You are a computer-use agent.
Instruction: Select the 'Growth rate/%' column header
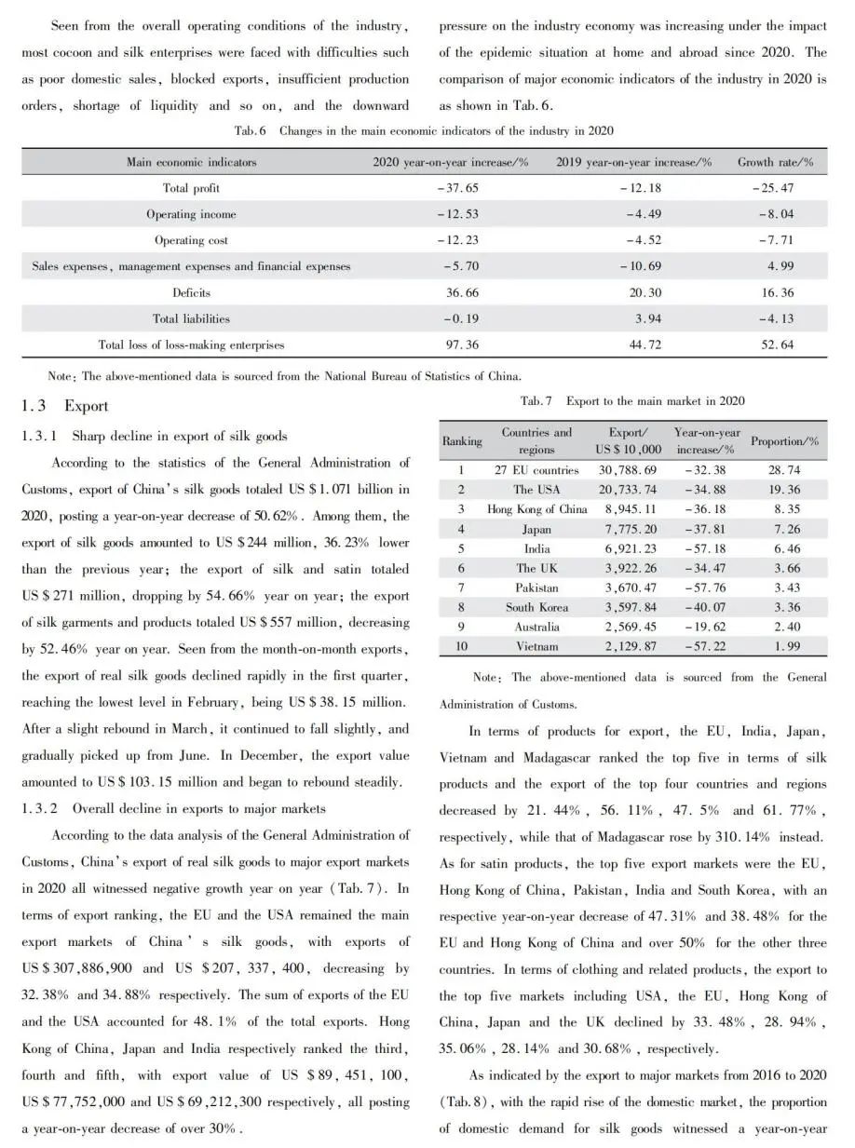775,162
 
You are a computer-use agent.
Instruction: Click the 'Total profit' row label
191,188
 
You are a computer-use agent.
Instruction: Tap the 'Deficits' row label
191,292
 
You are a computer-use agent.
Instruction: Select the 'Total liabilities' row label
191,318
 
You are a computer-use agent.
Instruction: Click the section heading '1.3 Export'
65,406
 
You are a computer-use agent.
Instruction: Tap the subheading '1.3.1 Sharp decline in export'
155,436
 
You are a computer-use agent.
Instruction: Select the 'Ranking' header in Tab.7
462,440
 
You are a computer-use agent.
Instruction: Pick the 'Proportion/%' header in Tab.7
784,440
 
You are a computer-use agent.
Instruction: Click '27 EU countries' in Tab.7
536,470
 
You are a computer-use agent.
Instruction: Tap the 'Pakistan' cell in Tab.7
536,588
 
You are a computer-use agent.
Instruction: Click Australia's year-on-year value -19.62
705,627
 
